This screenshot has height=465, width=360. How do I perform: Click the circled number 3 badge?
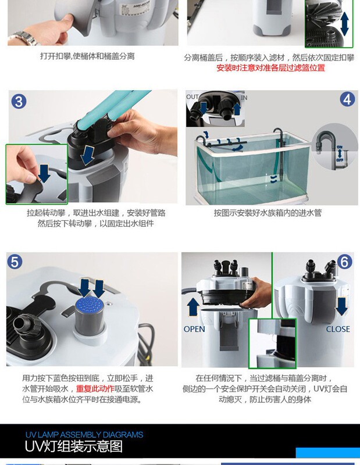click(19, 101)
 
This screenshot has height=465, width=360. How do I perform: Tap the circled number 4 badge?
click(347, 99)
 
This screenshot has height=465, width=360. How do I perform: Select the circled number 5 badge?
click(14, 262)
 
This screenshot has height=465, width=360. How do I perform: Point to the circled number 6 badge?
click(344, 262)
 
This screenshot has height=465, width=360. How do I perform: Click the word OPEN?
click(194, 329)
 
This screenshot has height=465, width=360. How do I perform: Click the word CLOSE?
click(338, 329)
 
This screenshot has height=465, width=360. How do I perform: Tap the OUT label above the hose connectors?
click(193, 96)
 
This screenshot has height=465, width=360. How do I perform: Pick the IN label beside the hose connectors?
click(244, 98)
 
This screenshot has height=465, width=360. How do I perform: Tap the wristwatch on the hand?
click(24, 38)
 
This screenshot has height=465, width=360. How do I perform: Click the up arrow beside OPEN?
click(193, 307)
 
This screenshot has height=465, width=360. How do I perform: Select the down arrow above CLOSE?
click(341, 307)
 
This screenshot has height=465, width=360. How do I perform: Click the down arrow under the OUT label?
click(204, 108)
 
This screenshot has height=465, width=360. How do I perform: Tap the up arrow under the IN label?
click(237, 109)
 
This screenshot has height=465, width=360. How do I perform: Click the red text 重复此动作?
click(95, 389)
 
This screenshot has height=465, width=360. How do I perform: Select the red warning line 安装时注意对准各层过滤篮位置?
click(270, 68)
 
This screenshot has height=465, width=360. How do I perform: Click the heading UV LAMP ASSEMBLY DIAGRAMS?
click(84, 435)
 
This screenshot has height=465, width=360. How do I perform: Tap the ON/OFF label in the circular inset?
click(340, 153)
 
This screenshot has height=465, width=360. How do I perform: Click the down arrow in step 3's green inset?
click(44, 173)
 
